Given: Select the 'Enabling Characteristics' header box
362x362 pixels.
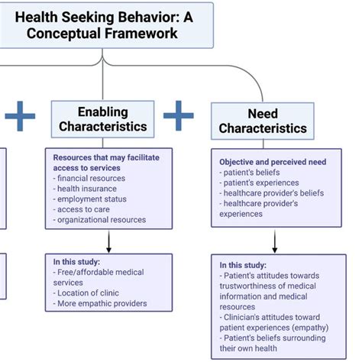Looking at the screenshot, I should tap(103, 118).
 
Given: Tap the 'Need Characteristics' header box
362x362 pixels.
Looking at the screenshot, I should tap(263, 121).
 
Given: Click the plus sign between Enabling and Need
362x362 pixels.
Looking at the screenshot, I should tap(179, 115).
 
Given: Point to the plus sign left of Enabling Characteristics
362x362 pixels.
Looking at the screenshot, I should tap(20, 115).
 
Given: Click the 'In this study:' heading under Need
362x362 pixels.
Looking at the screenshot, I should tap(243, 265).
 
